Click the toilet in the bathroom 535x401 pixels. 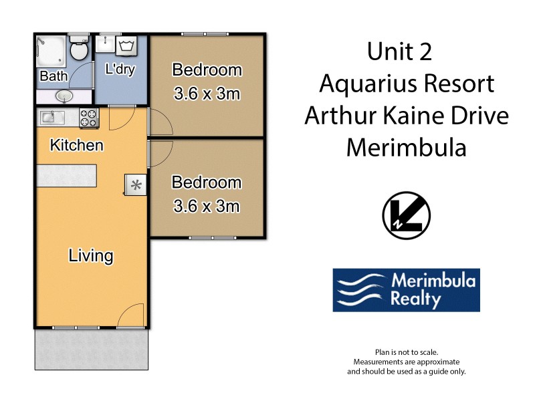(x=79, y=49)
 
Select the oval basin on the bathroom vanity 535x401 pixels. (x=64, y=96)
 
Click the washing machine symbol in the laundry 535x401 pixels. (x=126, y=47)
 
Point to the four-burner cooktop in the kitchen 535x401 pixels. (x=89, y=118)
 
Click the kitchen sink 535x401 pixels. (x=51, y=118)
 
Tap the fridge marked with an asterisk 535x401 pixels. (x=136, y=185)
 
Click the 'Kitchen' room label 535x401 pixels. (x=77, y=145)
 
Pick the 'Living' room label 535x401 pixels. (x=91, y=255)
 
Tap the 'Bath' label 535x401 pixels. (x=53, y=76)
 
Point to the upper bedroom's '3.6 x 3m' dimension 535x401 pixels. (x=207, y=94)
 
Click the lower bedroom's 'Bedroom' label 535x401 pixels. (x=207, y=182)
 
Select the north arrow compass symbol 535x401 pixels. (x=406, y=215)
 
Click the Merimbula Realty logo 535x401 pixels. (x=406, y=290)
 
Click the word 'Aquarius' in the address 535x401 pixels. (x=366, y=84)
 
